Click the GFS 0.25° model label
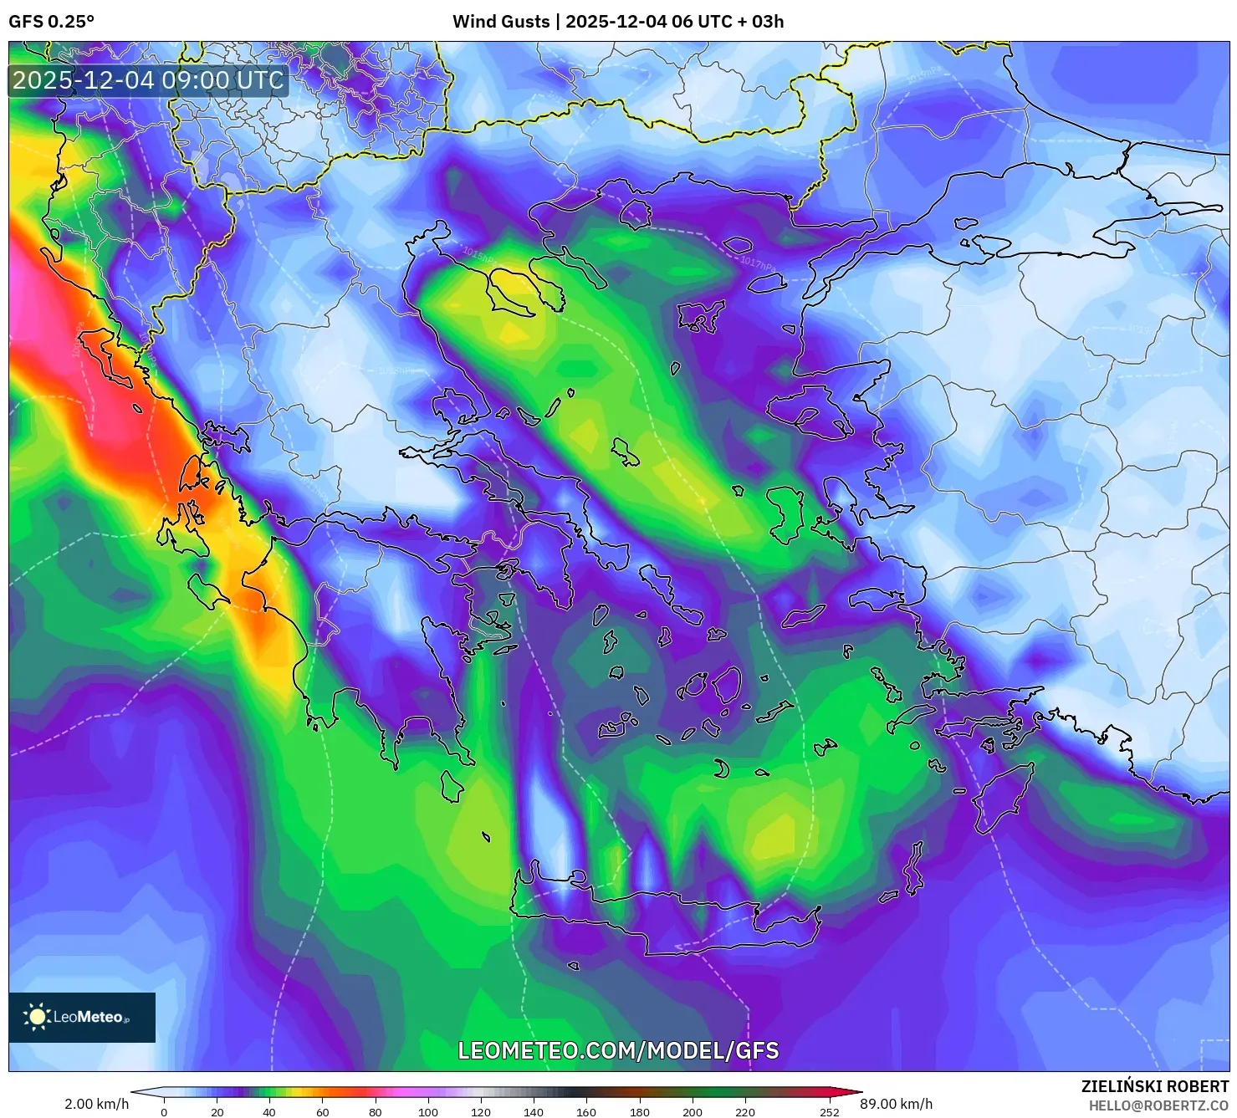51,22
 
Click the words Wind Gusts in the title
501,22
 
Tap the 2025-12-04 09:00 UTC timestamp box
148,80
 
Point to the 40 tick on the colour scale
269,1111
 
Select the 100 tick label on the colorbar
427,1111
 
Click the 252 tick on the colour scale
829,1111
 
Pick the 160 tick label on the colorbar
586,1111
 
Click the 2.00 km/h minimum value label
96,1104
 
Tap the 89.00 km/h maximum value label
896,1104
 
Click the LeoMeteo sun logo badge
82,1017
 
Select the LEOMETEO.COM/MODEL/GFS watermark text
618,1050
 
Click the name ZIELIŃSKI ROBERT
1154,1087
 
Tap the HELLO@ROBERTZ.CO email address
1158,1106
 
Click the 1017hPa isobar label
758,262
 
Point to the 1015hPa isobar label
479,253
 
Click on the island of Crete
661,916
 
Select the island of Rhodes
999,799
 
